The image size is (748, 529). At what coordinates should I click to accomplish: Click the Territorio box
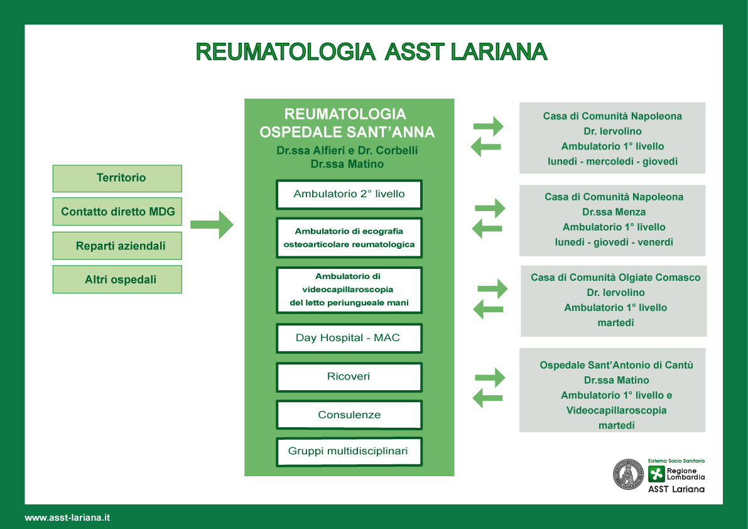pyautogui.click(x=117, y=178)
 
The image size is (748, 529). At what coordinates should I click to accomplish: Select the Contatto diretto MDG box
pyautogui.click(x=117, y=211)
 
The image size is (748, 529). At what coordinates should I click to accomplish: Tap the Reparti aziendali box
pyautogui.click(x=117, y=246)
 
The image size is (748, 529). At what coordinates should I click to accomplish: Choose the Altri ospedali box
pyautogui.click(x=117, y=280)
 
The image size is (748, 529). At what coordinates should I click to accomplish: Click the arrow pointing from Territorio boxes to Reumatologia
pyautogui.click(x=212, y=224)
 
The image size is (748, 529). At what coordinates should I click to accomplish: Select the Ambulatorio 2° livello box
pyautogui.click(x=349, y=194)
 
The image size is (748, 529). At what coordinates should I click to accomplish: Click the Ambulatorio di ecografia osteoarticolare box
pyautogui.click(x=349, y=237)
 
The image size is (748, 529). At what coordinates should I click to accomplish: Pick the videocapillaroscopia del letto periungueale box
pyautogui.click(x=349, y=290)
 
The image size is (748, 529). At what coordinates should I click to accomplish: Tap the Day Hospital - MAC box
pyautogui.click(x=349, y=338)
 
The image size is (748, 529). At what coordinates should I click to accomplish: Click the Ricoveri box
pyautogui.click(x=349, y=377)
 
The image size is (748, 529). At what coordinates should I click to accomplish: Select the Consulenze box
pyautogui.click(x=349, y=415)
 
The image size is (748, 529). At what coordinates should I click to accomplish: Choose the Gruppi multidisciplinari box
pyautogui.click(x=349, y=451)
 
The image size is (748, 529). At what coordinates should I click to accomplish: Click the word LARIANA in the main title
pyautogui.click(x=499, y=52)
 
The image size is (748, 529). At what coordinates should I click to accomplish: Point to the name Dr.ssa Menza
pyautogui.click(x=614, y=212)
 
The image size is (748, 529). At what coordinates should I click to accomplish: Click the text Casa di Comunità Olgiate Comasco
pyautogui.click(x=615, y=278)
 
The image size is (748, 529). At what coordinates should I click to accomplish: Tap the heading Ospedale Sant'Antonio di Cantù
pyautogui.click(x=616, y=365)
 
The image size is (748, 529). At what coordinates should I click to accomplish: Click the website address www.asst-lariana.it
pyautogui.click(x=67, y=518)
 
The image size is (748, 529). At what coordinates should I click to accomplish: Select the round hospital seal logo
pyautogui.click(x=628, y=474)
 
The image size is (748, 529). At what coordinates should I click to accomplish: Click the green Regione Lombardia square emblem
pyautogui.click(x=656, y=474)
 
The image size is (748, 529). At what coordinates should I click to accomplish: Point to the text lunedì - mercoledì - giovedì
pyautogui.click(x=612, y=161)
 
